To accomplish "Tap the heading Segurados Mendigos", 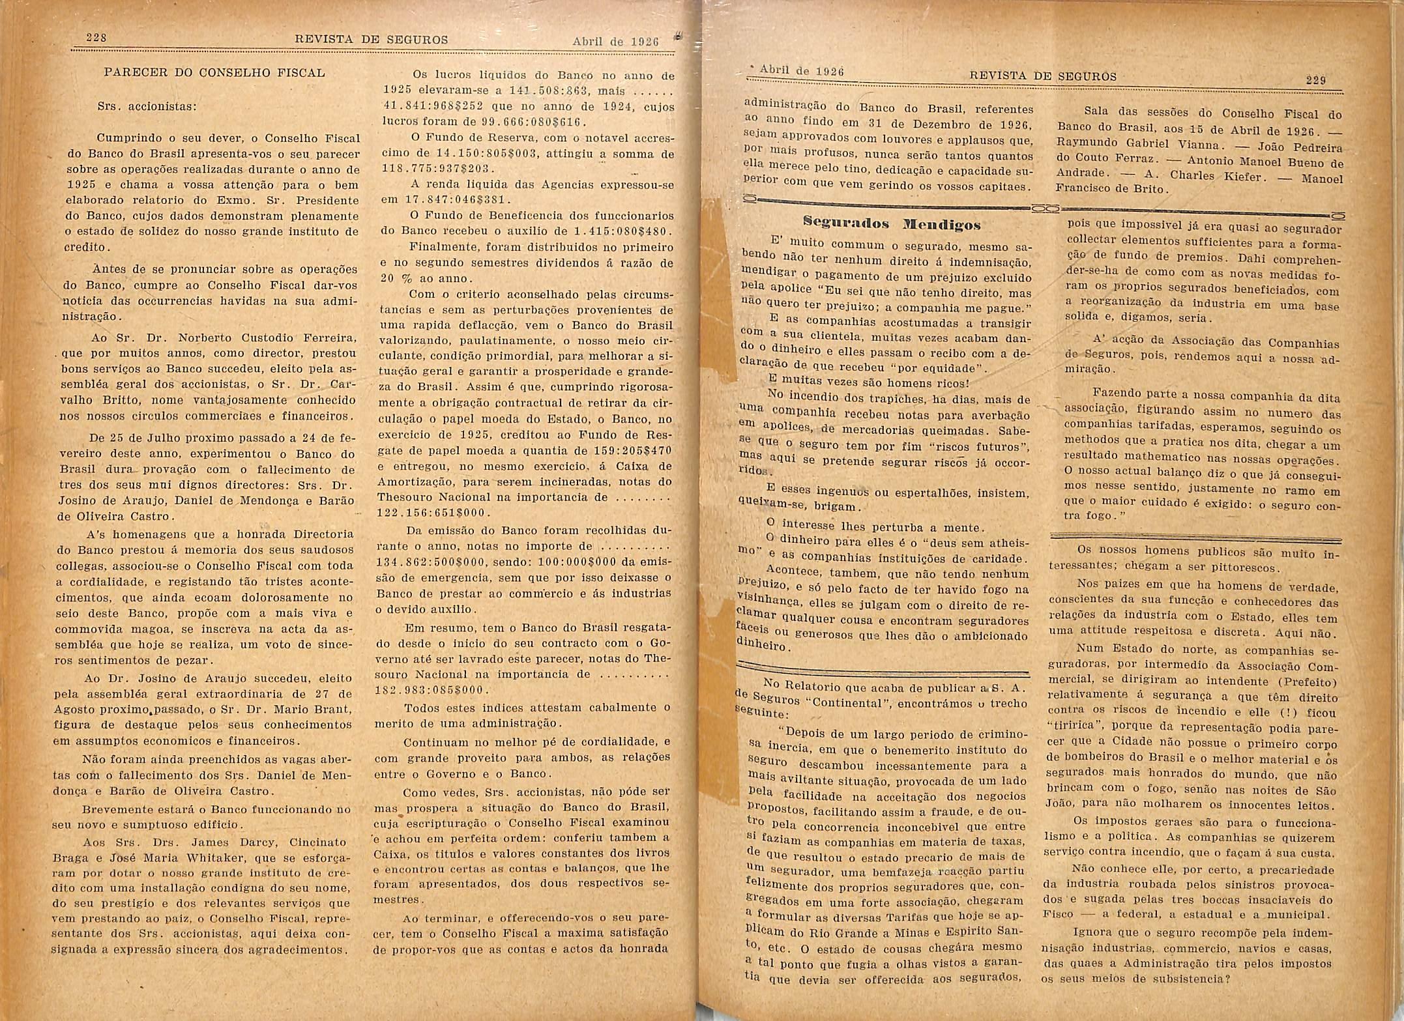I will click(x=892, y=225).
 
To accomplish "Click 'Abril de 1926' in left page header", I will click(x=616, y=42).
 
